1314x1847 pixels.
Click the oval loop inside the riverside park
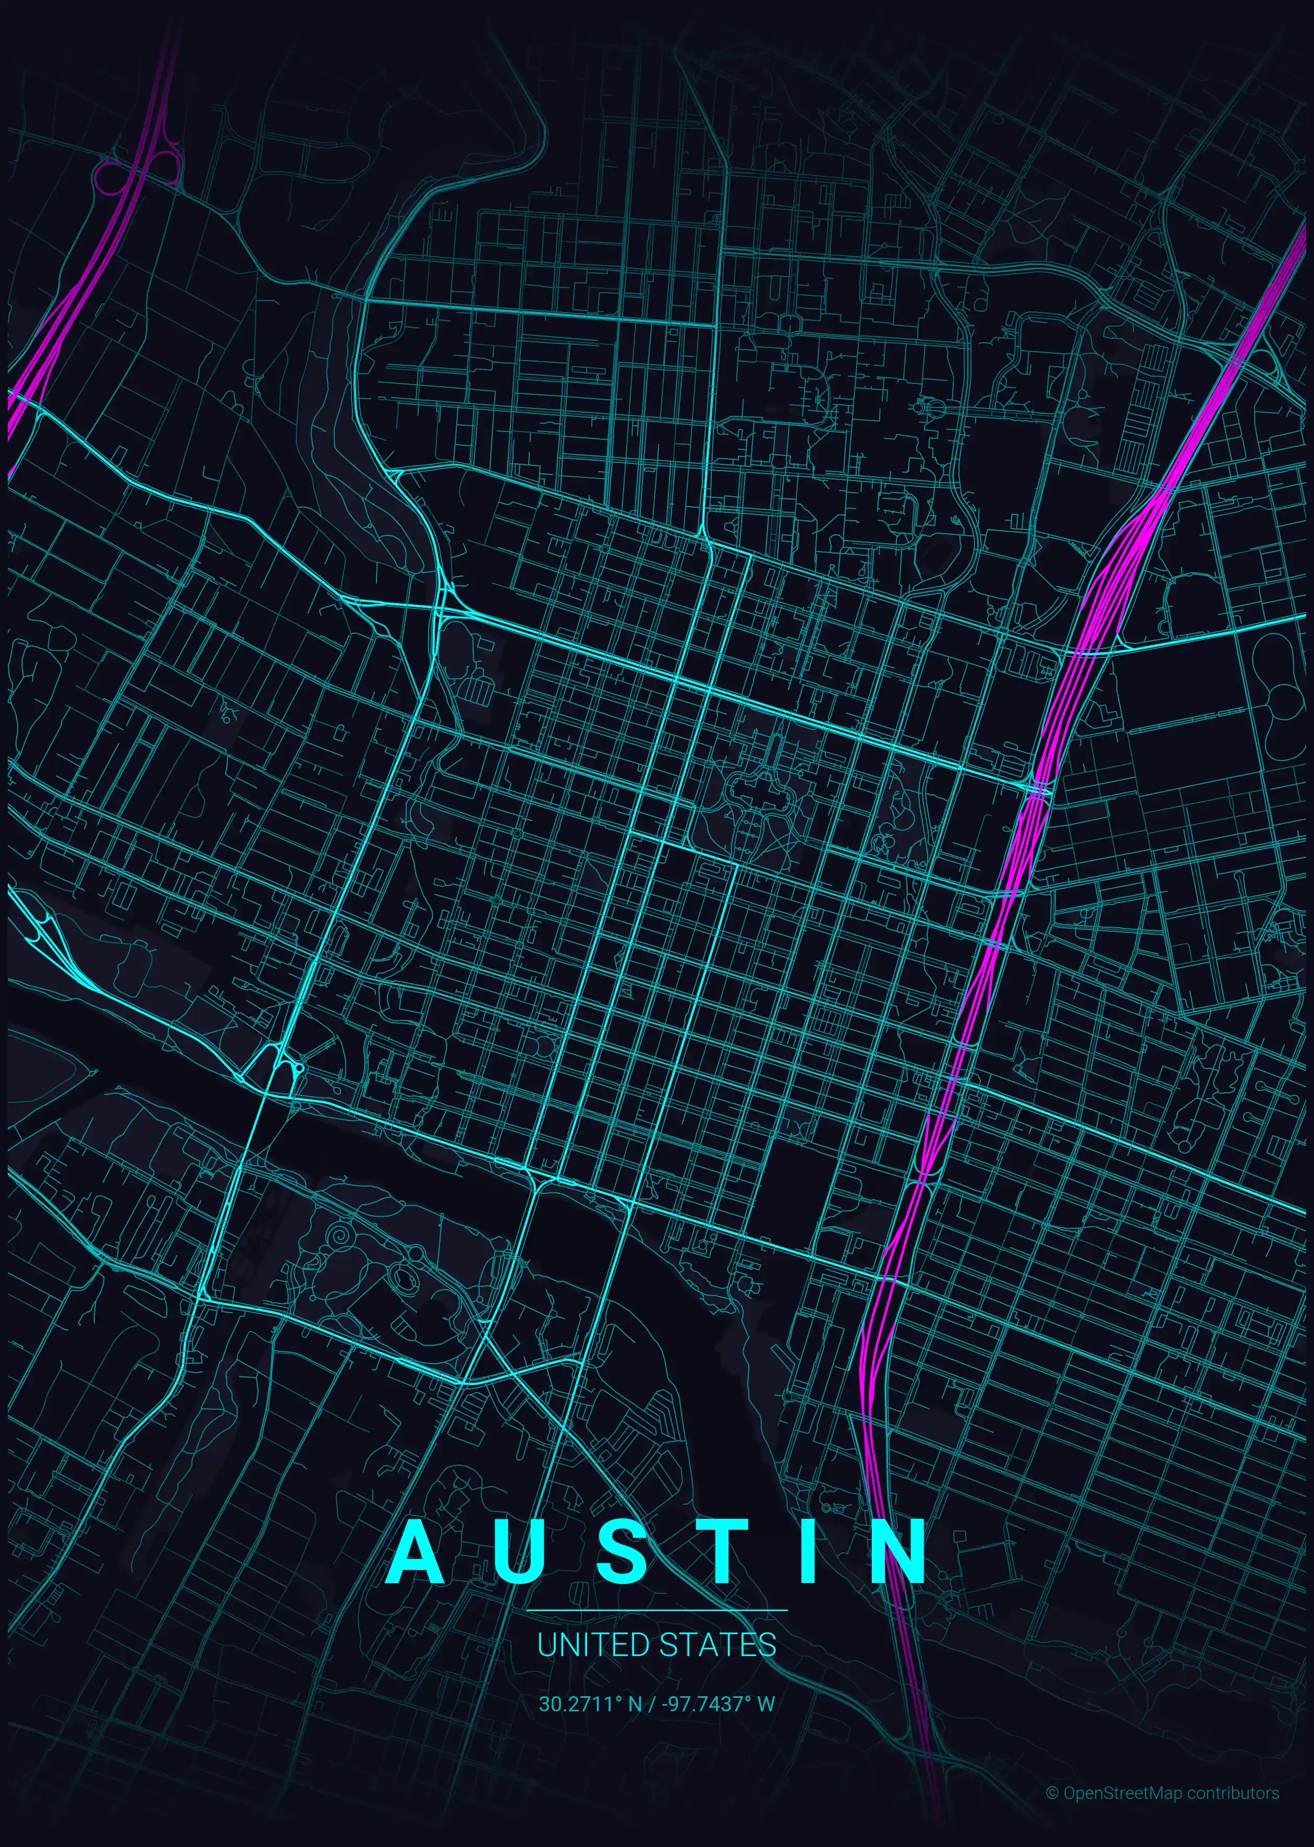[402, 1277]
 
